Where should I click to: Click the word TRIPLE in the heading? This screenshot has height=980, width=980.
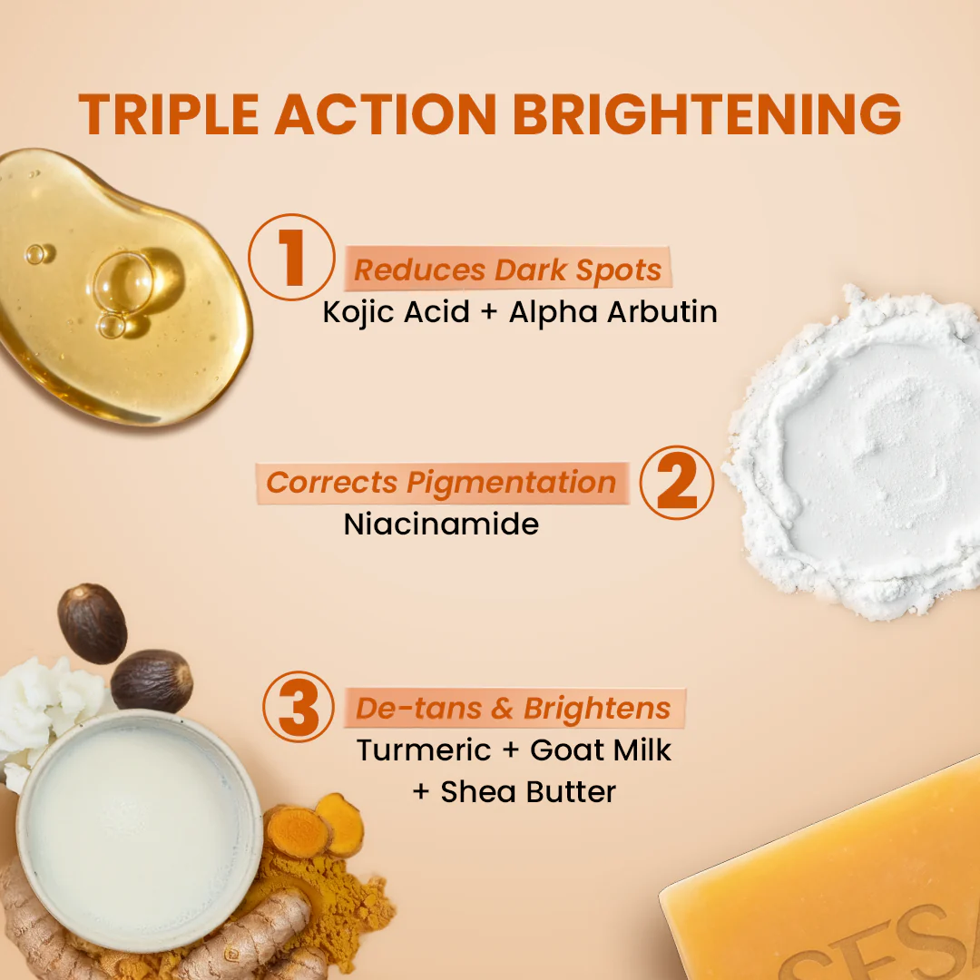pyautogui.click(x=169, y=113)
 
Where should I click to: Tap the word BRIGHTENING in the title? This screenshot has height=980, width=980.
pyautogui.click(x=707, y=113)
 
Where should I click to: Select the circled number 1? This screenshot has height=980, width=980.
pyautogui.click(x=291, y=257)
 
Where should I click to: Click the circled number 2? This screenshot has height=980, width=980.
pyautogui.click(x=677, y=483)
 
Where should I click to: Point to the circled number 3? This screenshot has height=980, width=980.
pyautogui.click(x=299, y=707)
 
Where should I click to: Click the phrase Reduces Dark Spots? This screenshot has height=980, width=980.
pyautogui.click(x=507, y=270)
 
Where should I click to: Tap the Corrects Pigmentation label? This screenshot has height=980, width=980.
pyautogui.click(x=441, y=483)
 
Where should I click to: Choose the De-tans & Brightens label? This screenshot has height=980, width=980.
pyautogui.click(x=513, y=708)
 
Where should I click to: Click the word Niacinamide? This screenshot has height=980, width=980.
pyautogui.click(x=441, y=524)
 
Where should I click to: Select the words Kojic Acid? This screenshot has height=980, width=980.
pyautogui.click(x=397, y=312)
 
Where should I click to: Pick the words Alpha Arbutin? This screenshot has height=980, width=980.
pyautogui.click(x=613, y=312)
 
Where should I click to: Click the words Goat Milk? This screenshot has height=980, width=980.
pyautogui.click(x=601, y=750)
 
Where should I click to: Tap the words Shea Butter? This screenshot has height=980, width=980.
pyautogui.click(x=528, y=792)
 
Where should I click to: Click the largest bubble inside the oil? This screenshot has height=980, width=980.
pyautogui.click(x=123, y=282)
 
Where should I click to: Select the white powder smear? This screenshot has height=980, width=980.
pyautogui.click(x=854, y=453)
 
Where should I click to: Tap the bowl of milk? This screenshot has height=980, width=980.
pyautogui.click(x=140, y=830)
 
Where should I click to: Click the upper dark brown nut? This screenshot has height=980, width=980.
pyautogui.click(x=92, y=623)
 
